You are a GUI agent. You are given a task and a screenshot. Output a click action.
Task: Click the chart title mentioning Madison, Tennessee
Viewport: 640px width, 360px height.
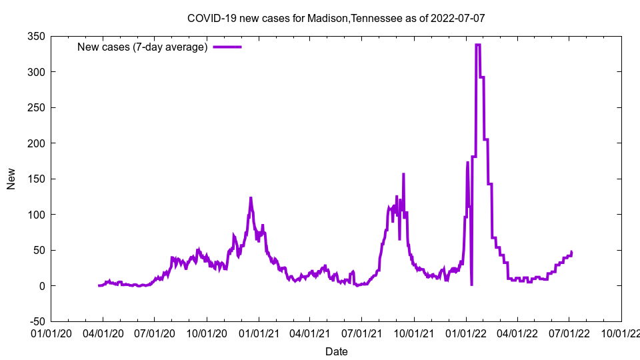pos(335,18)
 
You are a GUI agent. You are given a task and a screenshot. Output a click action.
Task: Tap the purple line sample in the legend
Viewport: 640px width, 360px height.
pos(227,47)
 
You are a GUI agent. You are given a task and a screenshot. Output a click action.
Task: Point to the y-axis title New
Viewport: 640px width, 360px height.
pos(11,179)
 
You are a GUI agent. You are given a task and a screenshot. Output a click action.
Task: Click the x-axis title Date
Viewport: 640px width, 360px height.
pos(336,351)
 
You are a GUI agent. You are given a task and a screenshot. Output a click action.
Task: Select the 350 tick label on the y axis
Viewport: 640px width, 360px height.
pos(36,37)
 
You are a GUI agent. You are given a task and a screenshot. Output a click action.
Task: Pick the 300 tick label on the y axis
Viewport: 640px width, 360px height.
pos(36,72)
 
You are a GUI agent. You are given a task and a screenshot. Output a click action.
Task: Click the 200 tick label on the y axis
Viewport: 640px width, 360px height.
pos(36,143)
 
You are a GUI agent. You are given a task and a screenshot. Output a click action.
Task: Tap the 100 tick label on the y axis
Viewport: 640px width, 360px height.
pos(36,215)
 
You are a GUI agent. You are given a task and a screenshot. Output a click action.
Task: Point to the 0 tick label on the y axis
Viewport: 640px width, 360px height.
pos(41,286)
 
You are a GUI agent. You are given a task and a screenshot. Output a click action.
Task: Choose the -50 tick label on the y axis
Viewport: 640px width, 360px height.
pos(36,321)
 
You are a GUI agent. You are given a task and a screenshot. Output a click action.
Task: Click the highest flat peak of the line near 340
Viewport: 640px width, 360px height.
pos(478,45)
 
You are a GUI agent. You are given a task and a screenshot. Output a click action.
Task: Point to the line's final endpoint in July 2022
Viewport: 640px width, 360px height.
pos(571,252)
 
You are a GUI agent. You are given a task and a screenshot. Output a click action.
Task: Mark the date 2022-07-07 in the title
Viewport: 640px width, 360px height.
pos(457,18)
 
